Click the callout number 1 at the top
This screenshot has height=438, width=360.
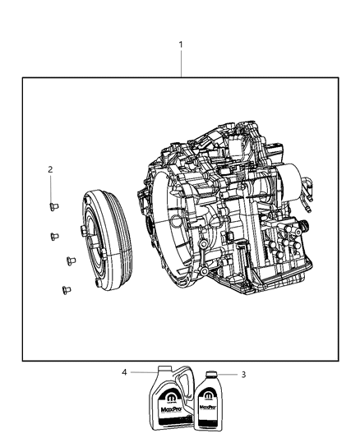[x=181, y=44]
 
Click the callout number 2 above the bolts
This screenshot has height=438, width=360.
[x=50, y=169]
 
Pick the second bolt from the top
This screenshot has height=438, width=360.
[x=53, y=235]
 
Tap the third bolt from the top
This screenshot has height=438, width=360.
[x=69, y=261]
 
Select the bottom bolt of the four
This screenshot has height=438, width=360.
[x=64, y=288]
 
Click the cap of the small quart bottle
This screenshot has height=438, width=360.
[x=212, y=373]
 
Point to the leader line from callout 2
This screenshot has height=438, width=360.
[x=50, y=187]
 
